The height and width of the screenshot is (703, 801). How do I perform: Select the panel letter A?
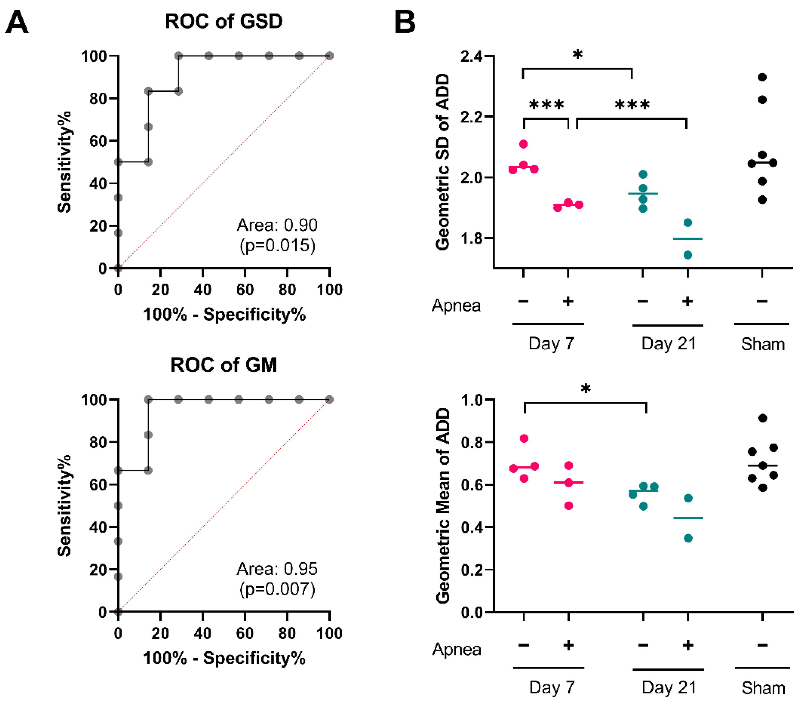[x=17, y=23]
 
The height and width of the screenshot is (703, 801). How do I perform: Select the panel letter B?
[x=405, y=23]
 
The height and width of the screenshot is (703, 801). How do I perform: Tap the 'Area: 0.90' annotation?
[x=277, y=225]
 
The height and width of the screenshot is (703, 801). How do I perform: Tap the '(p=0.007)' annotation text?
[x=277, y=589]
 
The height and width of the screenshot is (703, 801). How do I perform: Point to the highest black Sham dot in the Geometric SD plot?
[x=762, y=77]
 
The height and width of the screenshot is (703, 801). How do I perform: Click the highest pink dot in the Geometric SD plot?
[x=523, y=144]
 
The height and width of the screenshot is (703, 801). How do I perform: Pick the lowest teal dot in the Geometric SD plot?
[x=688, y=255]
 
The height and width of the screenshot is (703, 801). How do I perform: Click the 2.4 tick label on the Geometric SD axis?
[x=472, y=56]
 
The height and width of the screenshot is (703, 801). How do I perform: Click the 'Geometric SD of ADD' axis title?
[x=442, y=162]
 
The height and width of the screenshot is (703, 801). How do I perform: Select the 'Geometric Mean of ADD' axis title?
[x=442, y=505]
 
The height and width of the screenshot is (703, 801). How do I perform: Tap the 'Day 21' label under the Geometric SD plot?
[x=668, y=344]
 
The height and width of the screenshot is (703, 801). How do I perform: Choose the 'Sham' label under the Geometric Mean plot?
[x=763, y=688]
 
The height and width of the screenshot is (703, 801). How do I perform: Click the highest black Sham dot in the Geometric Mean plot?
[x=763, y=418]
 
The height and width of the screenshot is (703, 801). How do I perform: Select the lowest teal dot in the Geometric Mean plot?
[x=688, y=538]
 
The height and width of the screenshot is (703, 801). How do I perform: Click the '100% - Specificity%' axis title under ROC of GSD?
[x=224, y=315]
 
